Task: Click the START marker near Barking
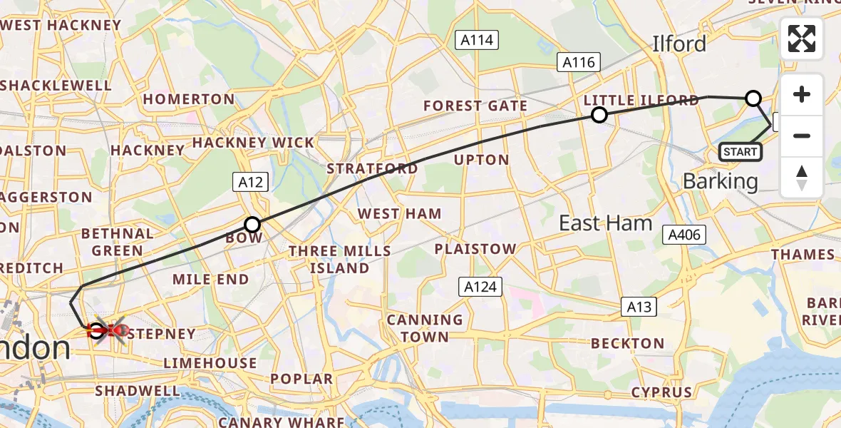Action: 741,151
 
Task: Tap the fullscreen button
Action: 802,39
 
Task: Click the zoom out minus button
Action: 802,136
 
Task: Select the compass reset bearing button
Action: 802,177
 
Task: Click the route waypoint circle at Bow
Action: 252,224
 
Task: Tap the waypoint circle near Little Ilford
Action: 599,115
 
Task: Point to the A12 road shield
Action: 250,183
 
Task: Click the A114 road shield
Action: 477,40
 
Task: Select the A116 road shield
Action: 578,63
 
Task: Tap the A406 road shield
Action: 684,235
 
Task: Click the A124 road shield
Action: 480,287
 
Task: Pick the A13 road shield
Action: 638,307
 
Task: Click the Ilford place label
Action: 679,44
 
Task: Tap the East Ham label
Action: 605,223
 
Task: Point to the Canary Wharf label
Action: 281,422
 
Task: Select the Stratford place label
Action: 372,169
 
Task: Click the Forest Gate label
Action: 475,106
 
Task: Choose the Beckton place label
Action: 627,343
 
